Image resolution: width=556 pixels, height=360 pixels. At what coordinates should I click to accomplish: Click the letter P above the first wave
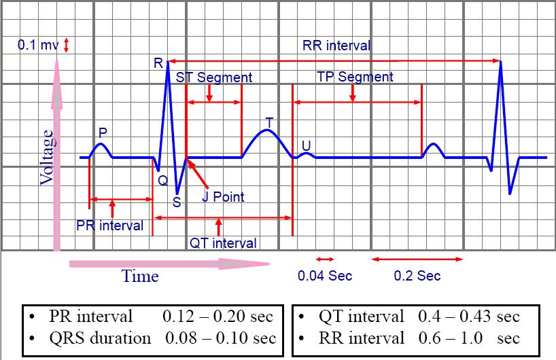coord(103,132)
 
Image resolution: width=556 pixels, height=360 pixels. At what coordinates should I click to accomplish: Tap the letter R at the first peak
coord(158,64)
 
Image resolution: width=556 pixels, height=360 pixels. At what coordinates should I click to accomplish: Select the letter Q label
coord(162,181)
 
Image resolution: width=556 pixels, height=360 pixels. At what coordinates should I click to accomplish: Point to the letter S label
coord(177,202)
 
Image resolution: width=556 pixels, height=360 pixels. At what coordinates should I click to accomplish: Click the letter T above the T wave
coord(269,122)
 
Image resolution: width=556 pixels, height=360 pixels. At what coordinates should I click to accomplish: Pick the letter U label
coord(306,145)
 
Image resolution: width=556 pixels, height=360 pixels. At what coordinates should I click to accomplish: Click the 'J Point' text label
coord(223,197)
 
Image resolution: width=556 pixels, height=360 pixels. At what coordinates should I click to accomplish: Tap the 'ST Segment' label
coord(213,77)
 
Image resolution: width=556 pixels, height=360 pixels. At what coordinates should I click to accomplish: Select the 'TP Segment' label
coord(355,77)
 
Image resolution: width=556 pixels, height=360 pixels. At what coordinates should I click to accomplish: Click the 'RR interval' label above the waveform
coord(336,46)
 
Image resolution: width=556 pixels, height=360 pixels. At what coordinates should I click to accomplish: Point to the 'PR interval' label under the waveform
coord(109,226)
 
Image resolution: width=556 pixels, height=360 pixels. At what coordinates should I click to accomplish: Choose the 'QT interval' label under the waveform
coord(223,242)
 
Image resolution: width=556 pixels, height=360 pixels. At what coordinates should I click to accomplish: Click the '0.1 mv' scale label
coord(39,46)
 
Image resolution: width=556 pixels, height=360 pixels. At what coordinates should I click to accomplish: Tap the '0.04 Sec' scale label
coord(325,276)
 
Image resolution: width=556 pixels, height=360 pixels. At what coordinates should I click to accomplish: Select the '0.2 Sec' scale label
coord(417,276)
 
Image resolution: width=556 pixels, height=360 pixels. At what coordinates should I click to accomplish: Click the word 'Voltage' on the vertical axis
coord(47,158)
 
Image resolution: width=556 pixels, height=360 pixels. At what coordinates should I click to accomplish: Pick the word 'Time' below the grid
coord(140,276)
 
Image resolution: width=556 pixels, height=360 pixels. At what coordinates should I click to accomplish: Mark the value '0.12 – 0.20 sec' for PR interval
coord(218,317)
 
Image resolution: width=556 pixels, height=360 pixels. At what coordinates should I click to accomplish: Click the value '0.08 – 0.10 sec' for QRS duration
coord(220,338)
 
